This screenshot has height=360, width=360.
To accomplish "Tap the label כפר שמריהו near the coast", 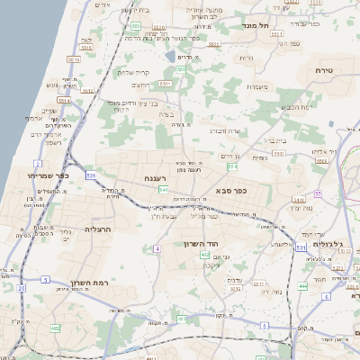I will coord(42,175).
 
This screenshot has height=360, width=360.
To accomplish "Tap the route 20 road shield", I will coord(21,288).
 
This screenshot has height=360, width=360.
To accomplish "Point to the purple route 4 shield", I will coord(157,248).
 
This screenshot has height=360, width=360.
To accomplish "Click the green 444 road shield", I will coord(303,285).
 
